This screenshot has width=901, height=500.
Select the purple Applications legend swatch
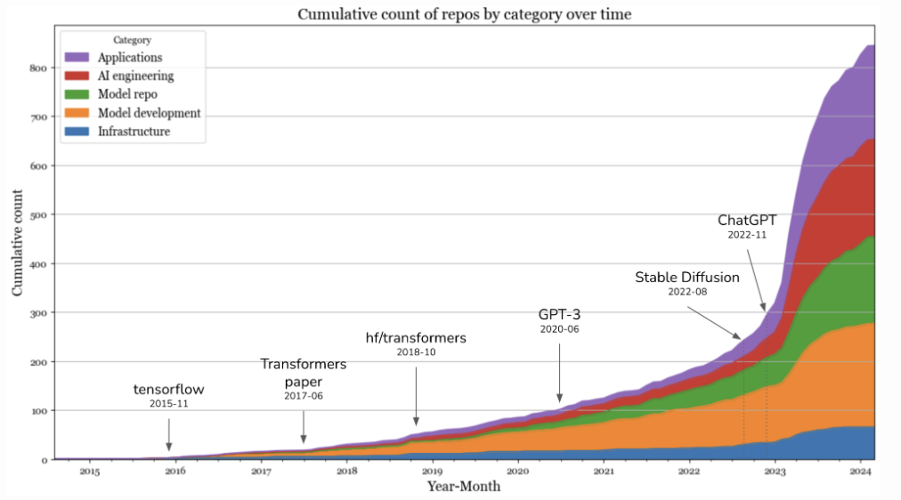(77, 58)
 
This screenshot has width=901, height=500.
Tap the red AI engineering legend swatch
(77, 77)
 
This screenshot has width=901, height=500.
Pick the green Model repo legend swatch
(77, 95)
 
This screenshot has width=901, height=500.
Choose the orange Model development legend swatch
(77, 114)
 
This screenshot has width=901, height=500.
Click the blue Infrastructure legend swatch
(77, 132)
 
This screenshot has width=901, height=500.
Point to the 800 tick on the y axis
(37, 68)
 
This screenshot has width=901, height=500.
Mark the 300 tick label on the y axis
(37, 313)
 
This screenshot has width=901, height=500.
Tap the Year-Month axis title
(463, 486)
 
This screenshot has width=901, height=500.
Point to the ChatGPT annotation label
(747, 220)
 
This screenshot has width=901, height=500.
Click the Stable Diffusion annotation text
(687, 277)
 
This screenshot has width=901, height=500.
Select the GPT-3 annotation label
(559, 314)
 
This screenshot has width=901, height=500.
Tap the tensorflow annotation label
(169, 389)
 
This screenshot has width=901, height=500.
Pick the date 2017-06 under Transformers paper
(304, 395)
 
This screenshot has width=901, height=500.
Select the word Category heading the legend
(133, 40)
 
